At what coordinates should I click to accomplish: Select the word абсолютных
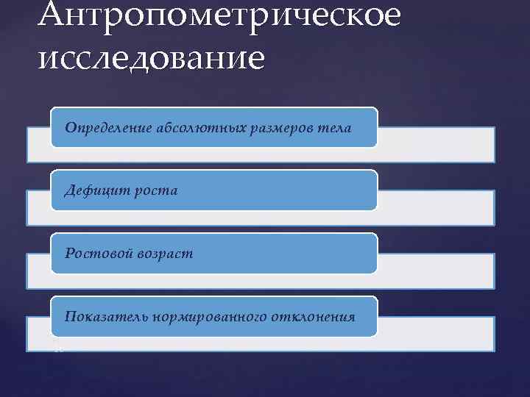[192, 128]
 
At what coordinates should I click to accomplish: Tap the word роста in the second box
[155, 191]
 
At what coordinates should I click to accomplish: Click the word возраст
[165, 254]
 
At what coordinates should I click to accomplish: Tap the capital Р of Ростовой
[68, 254]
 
